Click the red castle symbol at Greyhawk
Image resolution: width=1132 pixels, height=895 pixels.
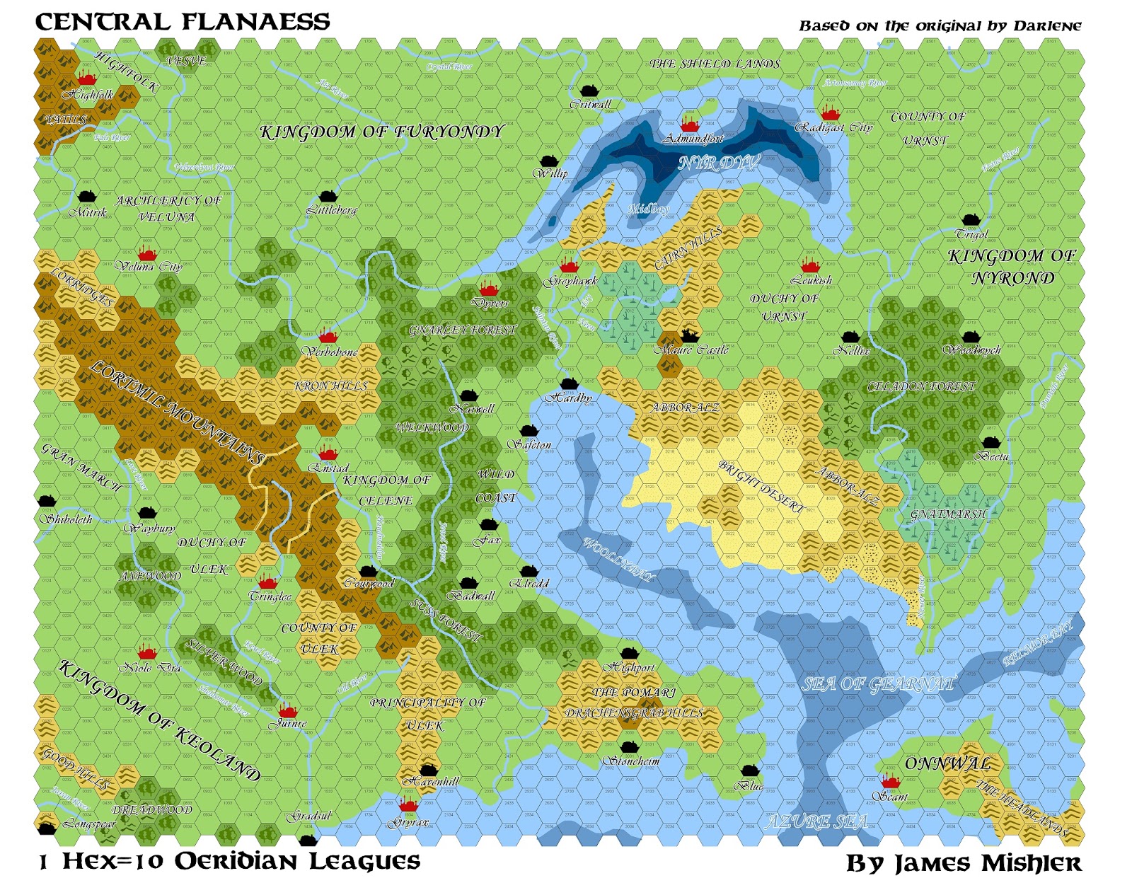coord(569,267)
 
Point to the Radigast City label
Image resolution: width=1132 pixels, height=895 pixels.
coord(834,128)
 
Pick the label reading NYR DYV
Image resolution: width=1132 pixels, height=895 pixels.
coord(719,163)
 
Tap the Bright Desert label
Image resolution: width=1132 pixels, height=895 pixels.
coord(761,486)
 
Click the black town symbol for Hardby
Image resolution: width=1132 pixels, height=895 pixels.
coord(569,384)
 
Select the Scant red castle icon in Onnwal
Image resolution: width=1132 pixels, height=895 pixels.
coord(890,781)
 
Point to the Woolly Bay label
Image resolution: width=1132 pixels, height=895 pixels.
coord(618,559)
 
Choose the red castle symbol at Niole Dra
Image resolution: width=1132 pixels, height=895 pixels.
coord(146,652)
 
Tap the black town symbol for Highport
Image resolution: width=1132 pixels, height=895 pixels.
coord(629,653)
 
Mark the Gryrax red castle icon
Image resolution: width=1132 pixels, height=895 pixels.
coord(408,805)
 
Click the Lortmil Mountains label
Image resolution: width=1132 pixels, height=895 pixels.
coord(177,410)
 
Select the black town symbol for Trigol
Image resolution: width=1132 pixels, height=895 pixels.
coord(970,220)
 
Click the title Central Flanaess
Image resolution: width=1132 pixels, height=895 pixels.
coord(183,22)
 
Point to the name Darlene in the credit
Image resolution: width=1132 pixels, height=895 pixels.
coord(1047,26)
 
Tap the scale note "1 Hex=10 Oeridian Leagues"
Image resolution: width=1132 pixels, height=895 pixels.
coord(229,862)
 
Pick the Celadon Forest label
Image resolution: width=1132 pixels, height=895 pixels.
coord(921,387)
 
